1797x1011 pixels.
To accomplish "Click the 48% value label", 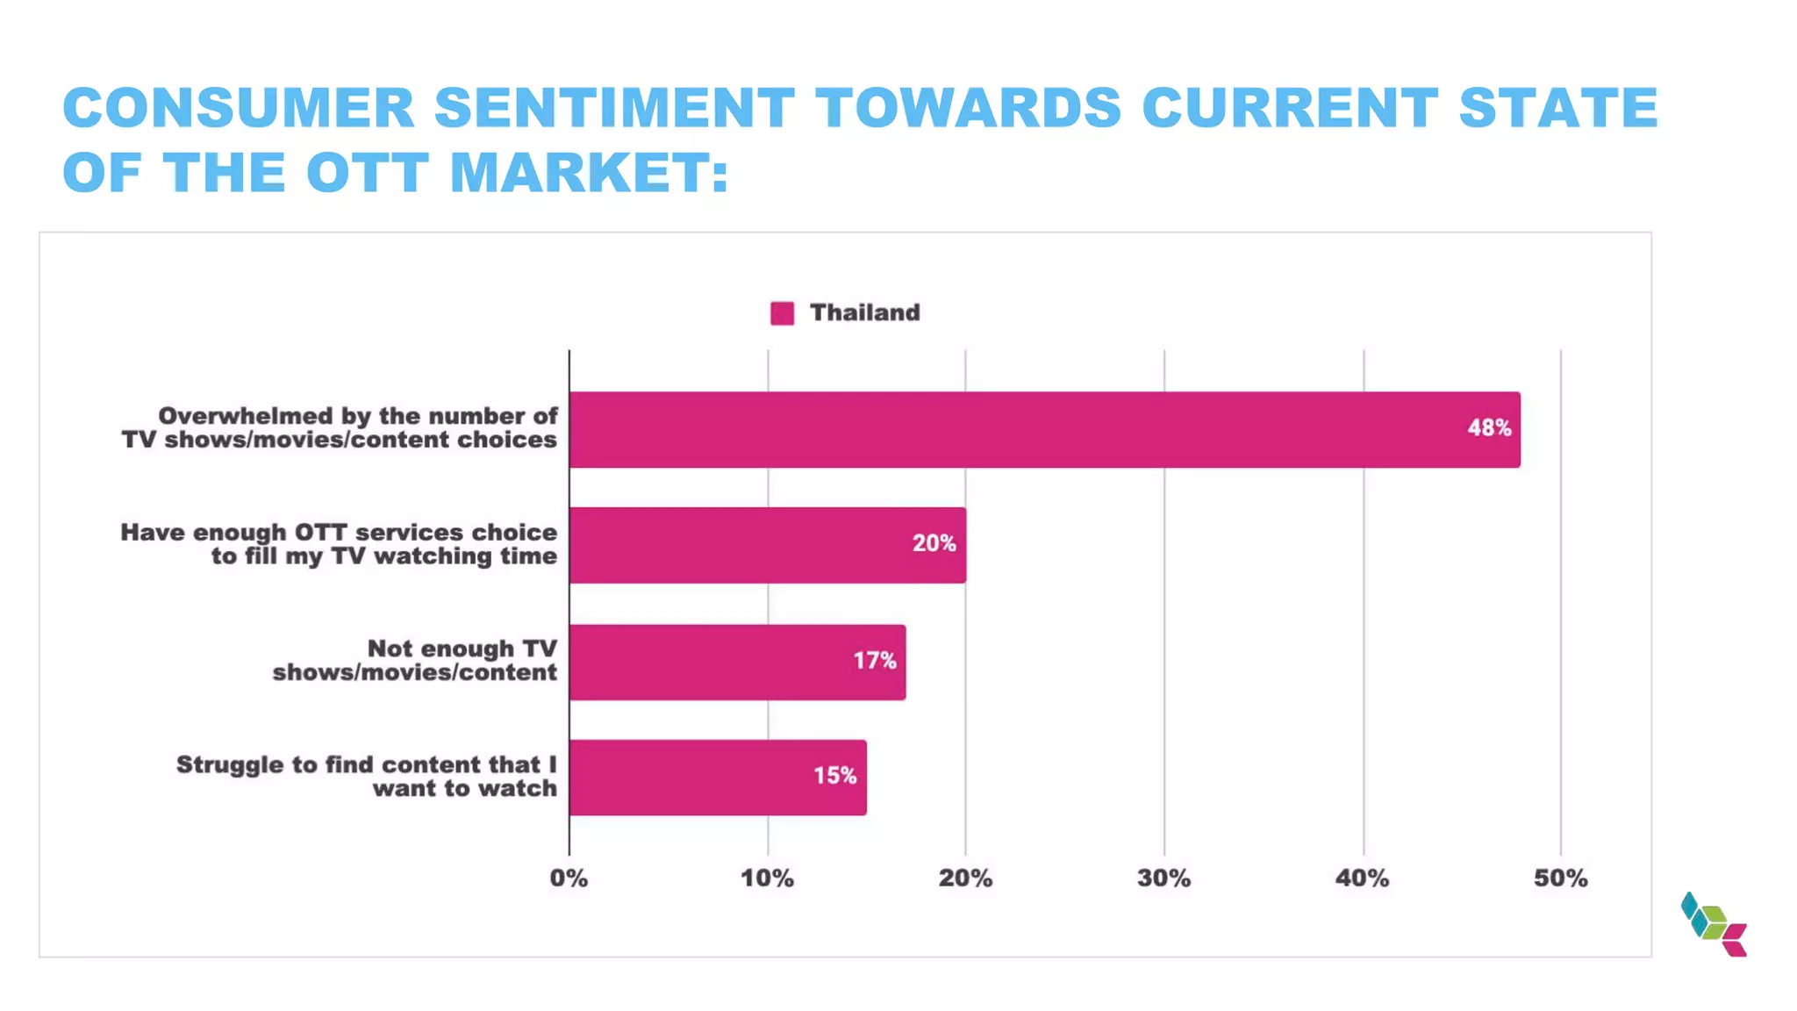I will [x=1489, y=428].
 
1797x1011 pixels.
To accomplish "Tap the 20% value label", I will [x=934, y=544].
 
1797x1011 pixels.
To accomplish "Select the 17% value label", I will [x=874, y=661].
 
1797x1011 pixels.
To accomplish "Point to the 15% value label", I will [x=834, y=776].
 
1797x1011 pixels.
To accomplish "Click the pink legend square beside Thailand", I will [x=782, y=313].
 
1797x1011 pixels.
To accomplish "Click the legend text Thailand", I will [x=864, y=312].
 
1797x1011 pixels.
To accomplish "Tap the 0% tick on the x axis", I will [x=569, y=878].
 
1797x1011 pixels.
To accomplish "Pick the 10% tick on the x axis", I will [x=767, y=878].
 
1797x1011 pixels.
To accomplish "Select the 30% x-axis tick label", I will [x=1163, y=878].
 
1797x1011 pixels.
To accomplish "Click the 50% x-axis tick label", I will [x=1560, y=878].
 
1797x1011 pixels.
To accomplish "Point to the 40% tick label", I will [x=1362, y=878].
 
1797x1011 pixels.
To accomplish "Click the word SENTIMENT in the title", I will [x=614, y=108].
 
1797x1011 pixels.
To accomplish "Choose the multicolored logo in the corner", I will [x=1713, y=925].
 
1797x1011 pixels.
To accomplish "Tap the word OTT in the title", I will [x=367, y=172].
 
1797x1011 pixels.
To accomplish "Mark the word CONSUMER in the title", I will [x=238, y=108].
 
